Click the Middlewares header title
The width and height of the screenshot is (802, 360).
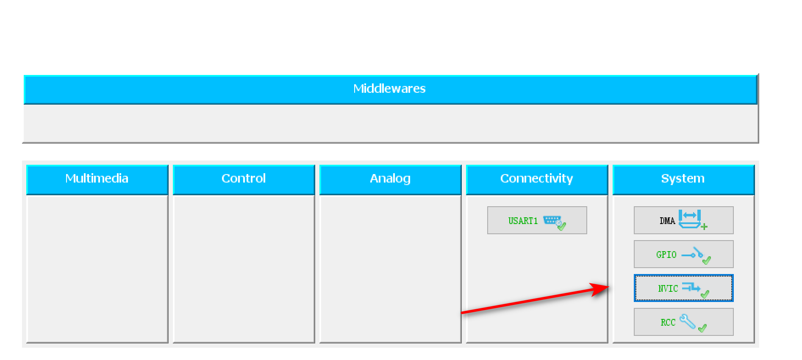(x=389, y=89)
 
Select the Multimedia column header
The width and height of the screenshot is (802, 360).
(x=97, y=178)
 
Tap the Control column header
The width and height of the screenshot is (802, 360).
(x=244, y=178)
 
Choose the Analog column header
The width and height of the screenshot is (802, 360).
(x=390, y=178)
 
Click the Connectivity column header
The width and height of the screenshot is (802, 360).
(x=536, y=178)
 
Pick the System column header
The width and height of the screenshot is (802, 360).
(x=683, y=178)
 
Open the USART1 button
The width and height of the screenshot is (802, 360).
(x=537, y=220)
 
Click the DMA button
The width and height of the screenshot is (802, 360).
(x=683, y=220)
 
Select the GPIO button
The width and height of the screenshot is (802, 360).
(x=683, y=254)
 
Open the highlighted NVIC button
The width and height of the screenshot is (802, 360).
(x=683, y=288)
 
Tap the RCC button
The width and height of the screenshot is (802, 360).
(x=683, y=322)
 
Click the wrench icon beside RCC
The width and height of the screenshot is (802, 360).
(x=688, y=321)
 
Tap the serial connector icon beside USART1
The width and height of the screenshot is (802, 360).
(x=552, y=220)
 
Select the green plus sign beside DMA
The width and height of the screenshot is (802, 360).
(x=704, y=227)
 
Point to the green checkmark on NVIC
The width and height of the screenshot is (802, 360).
(x=705, y=294)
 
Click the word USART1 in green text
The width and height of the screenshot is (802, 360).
(x=523, y=221)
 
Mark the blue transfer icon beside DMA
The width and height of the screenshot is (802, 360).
(x=689, y=219)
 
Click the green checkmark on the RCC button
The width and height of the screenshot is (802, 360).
(x=702, y=328)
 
